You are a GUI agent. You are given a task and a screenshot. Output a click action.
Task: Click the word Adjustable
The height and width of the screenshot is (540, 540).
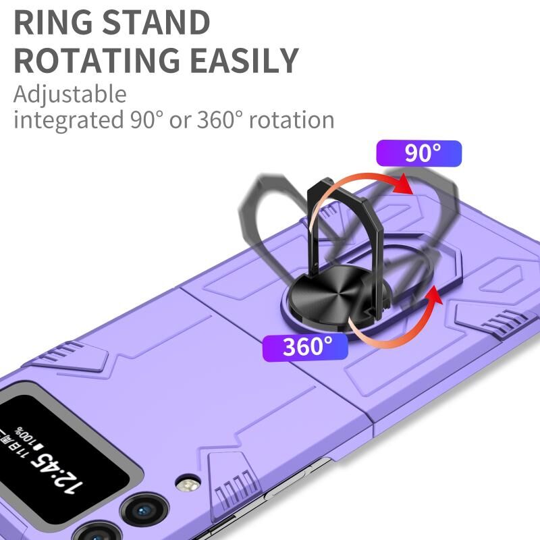click(70, 93)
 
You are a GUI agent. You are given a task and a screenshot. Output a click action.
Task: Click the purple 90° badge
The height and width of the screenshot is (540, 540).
click(419, 154)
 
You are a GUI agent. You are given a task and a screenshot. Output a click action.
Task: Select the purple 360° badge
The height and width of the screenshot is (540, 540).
click(304, 346)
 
